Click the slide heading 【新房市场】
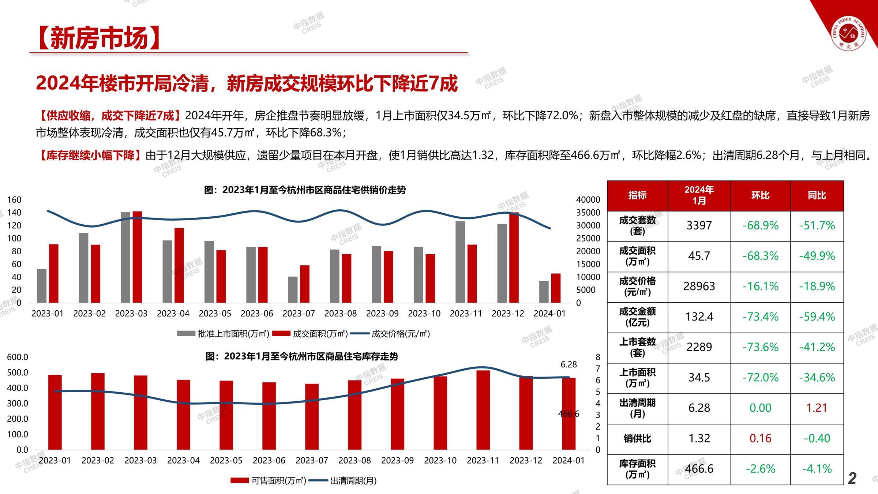point(99,38)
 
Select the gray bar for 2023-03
point(125,257)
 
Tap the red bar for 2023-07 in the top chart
point(305,284)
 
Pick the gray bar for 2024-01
point(544,292)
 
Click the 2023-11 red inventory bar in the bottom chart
point(483,410)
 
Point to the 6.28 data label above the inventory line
point(569,364)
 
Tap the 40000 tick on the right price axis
point(588,200)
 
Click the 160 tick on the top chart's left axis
point(14,200)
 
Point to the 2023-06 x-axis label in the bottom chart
point(269,460)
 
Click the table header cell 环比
point(760,195)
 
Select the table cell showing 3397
point(699,225)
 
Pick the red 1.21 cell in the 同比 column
point(817,408)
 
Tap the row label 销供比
point(637,438)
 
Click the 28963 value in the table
point(699,286)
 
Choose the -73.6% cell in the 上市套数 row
point(760,347)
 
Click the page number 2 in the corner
point(852,478)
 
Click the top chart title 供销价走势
point(305,190)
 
